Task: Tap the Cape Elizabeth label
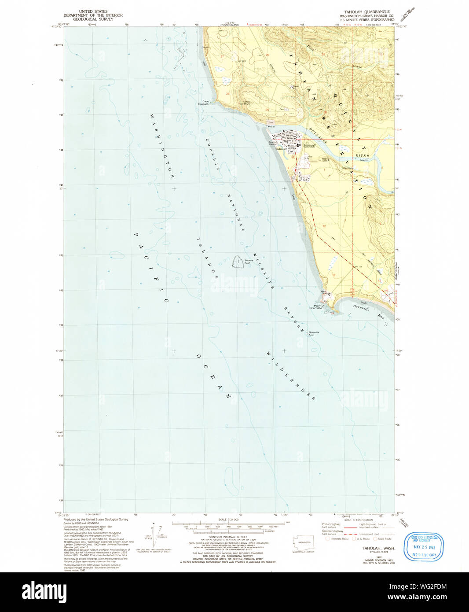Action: (x=203, y=103)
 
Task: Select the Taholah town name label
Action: (x=281, y=149)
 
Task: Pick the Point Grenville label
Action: (x=316, y=307)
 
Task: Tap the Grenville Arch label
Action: (x=314, y=333)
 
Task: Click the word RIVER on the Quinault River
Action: (x=363, y=156)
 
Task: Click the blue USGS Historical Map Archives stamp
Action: (x=423, y=546)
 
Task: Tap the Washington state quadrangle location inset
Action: (x=303, y=543)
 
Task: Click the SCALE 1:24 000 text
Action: (x=228, y=520)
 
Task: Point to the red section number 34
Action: (x=227, y=94)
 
